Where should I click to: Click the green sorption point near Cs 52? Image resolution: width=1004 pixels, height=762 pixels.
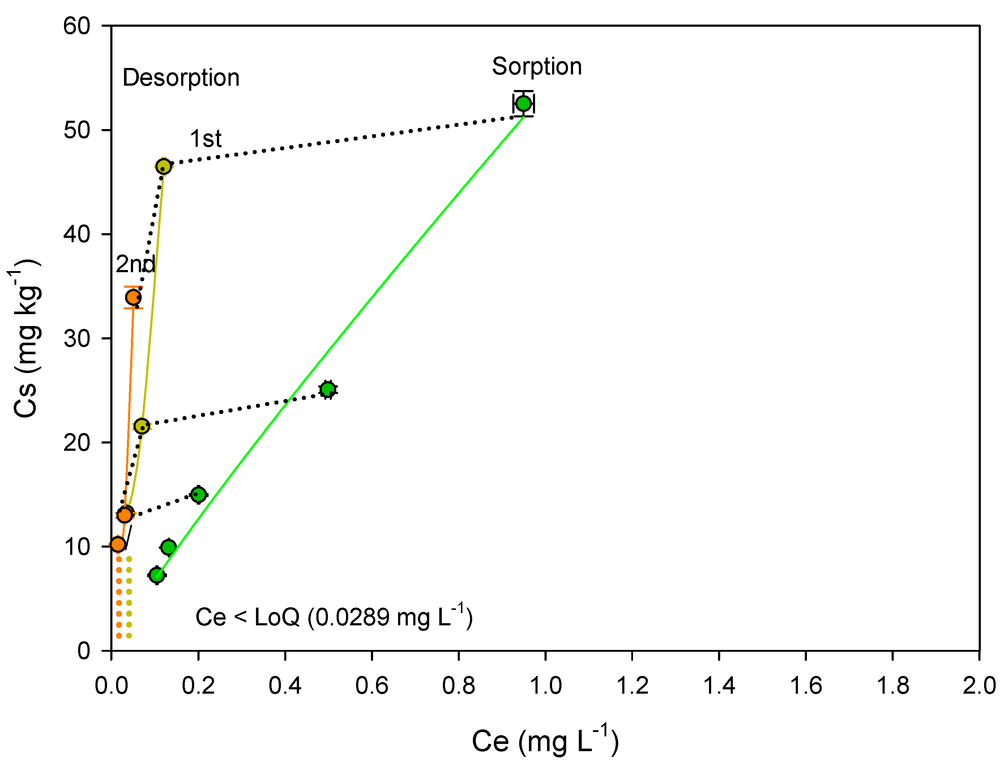pyautogui.click(x=524, y=103)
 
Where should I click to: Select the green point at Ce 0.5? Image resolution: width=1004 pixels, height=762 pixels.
pyautogui.click(x=328, y=389)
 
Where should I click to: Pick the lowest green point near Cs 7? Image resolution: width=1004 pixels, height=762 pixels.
pyautogui.click(x=157, y=575)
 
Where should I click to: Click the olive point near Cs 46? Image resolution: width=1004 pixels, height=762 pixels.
pyautogui.click(x=163, y=167)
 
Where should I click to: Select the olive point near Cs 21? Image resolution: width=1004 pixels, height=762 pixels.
pyautogui.click(x=142, y=426)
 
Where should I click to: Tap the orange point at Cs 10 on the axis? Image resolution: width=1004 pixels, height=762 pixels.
pyautogui.click(x=118, y=544)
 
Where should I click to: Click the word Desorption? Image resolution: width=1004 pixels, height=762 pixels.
pyautogui.click(x=181, y=78)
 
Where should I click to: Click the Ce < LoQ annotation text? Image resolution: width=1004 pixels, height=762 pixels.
pyautogui.click(x=334, y=617)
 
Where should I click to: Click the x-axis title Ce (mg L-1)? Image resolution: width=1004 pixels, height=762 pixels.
pyautogui.click(x=545, y=741)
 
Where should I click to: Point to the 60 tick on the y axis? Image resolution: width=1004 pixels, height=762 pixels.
pyautogui.click(x=77, y=26)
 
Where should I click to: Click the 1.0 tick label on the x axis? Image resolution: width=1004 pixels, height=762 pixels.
pyautogui.click(x=545, y=685)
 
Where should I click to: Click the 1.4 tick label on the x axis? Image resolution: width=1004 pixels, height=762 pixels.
pyautogui.click(x=719, y=685)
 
